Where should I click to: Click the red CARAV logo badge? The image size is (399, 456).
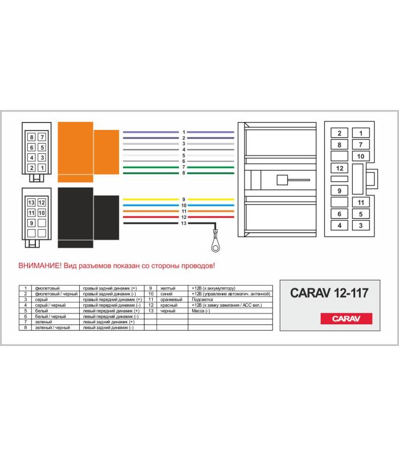346,319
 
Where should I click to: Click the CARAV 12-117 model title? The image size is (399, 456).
329,293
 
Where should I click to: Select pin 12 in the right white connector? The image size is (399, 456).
339,168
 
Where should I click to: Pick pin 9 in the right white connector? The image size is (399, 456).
339,191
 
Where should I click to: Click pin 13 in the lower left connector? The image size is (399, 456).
31,202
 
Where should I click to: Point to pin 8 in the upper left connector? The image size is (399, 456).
32,137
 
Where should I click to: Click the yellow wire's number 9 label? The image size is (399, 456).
184,199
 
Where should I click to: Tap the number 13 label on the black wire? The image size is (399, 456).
184,223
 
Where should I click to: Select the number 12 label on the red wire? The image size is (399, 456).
184,217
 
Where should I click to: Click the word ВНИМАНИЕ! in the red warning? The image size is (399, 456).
40,266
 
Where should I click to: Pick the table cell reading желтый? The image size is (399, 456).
168,288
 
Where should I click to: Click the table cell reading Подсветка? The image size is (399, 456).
202,299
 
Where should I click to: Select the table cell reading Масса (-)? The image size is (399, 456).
201,311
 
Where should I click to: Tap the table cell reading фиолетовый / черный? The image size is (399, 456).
56,294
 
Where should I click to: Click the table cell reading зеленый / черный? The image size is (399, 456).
52,327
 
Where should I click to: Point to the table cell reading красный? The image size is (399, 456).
169,305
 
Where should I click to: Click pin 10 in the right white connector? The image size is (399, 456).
361,156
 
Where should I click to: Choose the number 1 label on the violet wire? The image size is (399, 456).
184,132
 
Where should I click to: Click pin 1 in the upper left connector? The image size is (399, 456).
42,168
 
